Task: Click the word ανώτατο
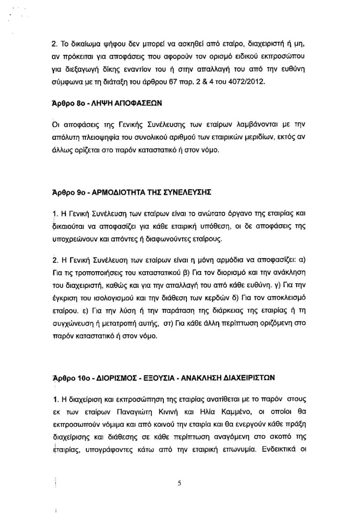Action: [183, 213]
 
